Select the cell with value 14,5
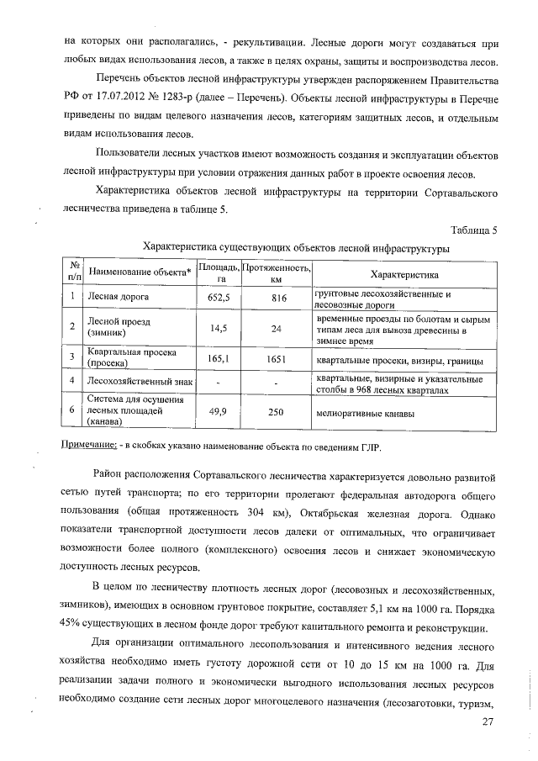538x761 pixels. point(221,329)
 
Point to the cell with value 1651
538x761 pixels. point(277,359)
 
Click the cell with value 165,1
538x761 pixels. point(221,359)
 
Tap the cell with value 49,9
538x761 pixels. point(221,414)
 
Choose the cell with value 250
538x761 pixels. point(277,414)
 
